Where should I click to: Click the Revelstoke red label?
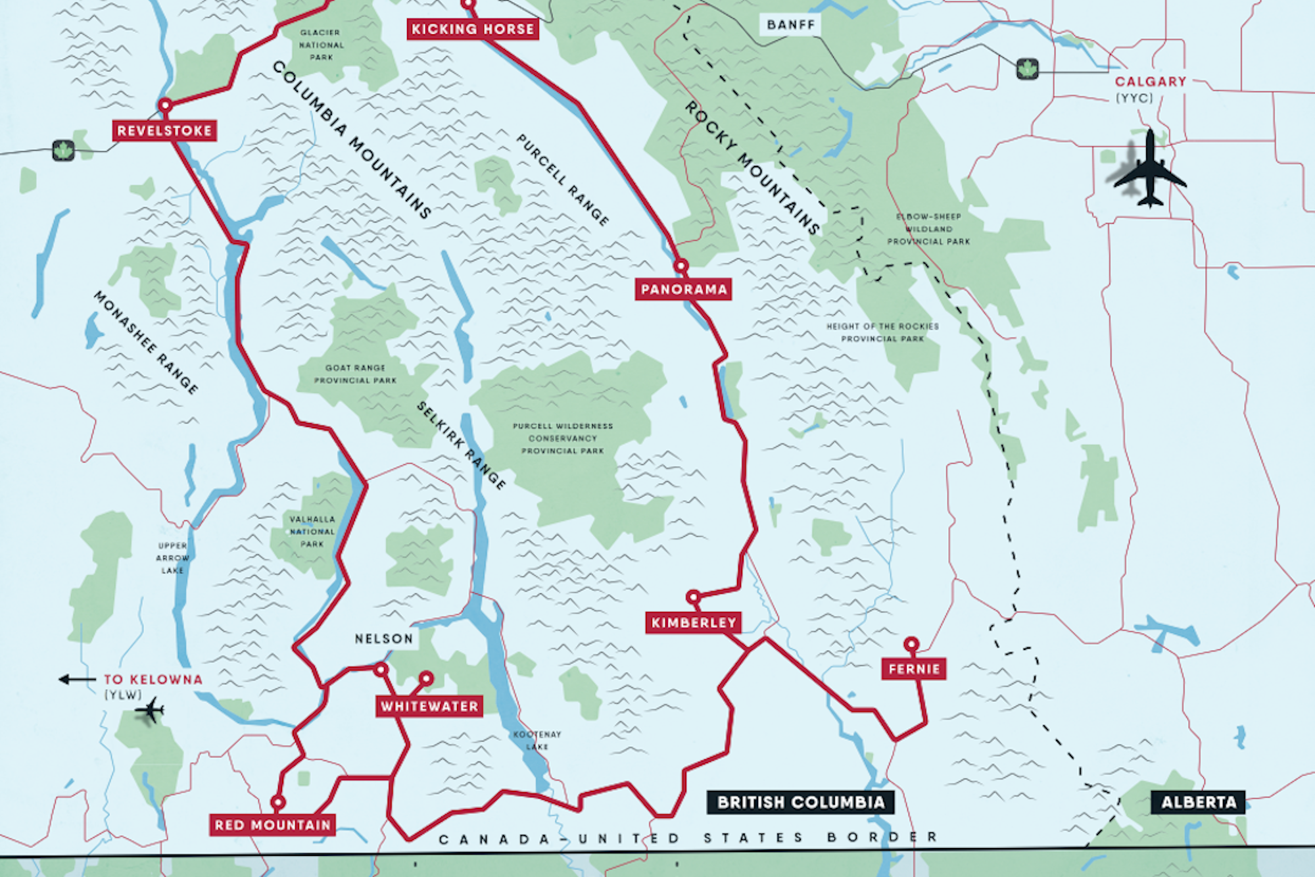click(164, 131)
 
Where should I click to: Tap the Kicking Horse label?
click(473, 29)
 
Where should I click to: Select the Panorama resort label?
click(684, 289)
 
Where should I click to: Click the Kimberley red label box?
click(694, 622)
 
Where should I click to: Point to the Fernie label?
click(914, 669)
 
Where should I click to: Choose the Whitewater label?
click(429, 706)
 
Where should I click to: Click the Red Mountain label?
click(273, 825)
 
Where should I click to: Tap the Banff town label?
click(791, 25)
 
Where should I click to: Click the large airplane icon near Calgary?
click(1149, 170)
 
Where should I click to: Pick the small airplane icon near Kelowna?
click(151, 711)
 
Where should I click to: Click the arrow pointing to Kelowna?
click(77, 679)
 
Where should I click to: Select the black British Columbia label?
click(800, 802)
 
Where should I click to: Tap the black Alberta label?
click(1198, 802)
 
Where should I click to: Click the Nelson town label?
click(384, 639)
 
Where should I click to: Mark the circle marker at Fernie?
click(911, 643)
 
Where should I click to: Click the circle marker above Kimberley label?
click(693, 597)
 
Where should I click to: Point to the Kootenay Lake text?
click(537, 740)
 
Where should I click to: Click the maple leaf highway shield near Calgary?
click(1027, 68)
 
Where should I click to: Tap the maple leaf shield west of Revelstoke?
click(63, 151)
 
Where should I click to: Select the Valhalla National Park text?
click(312, 532)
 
